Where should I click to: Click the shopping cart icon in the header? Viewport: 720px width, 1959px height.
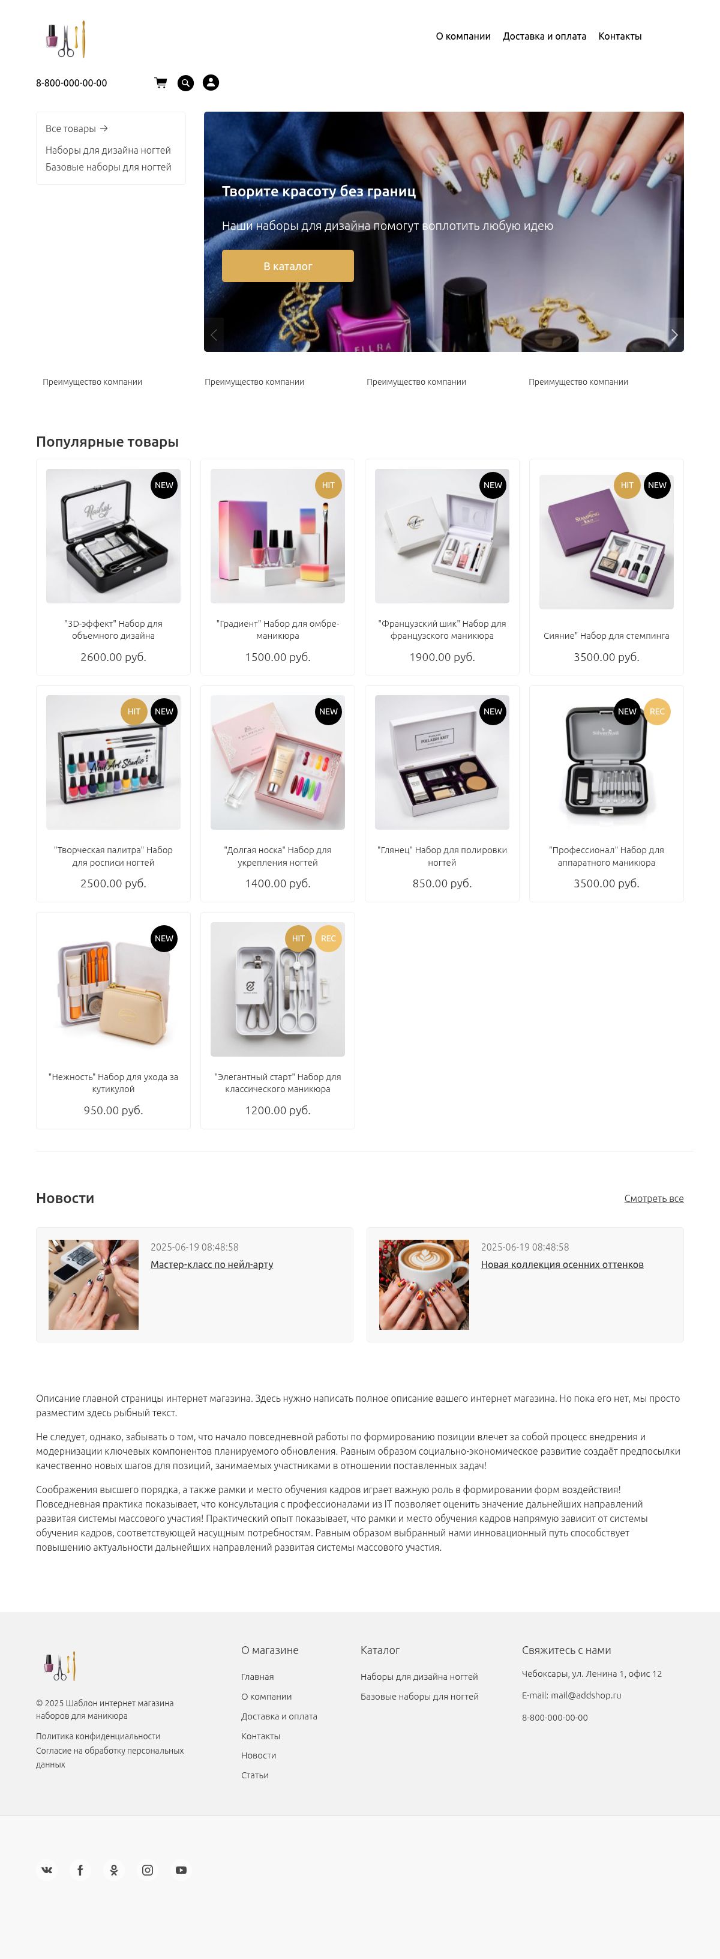pos(160,83)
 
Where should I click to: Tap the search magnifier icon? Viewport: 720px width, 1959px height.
pos(185,83)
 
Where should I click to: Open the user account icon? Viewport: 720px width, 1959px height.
pos(211,83)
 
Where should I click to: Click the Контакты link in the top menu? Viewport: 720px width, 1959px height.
pos(620,37)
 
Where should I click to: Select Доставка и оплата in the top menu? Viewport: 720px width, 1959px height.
pos(544,37)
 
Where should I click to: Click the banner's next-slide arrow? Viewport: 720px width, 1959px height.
pos(674,334)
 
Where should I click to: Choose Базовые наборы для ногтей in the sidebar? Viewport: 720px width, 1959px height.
pos(108,168)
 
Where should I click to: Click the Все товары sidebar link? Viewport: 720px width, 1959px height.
pos(77,128)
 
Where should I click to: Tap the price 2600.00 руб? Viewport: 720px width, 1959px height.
pos(113,657)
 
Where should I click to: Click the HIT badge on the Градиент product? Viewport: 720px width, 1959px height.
pos(328,485)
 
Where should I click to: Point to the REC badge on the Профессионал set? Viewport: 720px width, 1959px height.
pos(657,712)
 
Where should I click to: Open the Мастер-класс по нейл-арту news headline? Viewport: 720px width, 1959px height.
pos(211,1265)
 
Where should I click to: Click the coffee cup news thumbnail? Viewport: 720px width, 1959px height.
pos(424,1284)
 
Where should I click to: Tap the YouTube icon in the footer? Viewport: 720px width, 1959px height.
pos(181,1870)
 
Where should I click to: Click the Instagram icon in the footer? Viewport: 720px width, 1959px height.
pos(148,1870)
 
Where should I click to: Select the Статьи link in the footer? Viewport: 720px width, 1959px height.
pos(254,1775)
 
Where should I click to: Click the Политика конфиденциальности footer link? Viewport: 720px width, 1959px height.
pos(98,1736)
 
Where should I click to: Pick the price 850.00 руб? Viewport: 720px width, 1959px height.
pos(442,884)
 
